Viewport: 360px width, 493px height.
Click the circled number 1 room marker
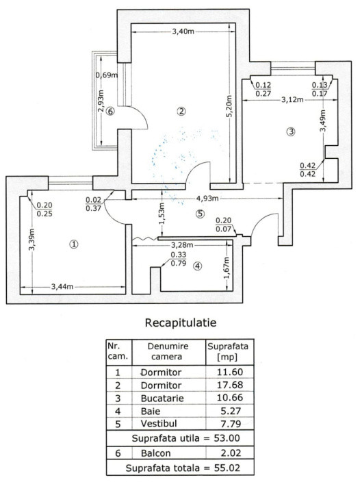[73, 244]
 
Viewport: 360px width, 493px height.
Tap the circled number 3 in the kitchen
[291, 131]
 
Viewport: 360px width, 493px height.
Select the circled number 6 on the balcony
[110, 111]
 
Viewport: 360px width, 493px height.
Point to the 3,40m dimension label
[183, 31]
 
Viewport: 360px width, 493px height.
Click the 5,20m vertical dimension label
[229, 106]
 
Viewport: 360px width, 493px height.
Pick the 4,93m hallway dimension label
[207, 199]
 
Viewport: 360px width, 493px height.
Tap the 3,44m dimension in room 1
[62, 286]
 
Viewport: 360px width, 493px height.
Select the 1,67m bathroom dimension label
[227, 268]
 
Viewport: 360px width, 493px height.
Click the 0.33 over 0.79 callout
[179, 259]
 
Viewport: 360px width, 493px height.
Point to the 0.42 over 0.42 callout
[308, 170]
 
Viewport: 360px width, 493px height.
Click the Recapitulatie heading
[181, 323]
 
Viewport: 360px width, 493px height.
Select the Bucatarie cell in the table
[162, 398]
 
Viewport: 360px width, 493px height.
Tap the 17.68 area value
[230, 385]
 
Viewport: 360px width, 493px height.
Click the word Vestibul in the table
[159, 424]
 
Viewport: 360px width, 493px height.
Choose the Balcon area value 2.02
[231, 453]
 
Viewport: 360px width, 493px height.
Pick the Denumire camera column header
[168, 351]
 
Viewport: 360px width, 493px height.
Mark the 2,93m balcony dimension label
[101, 101]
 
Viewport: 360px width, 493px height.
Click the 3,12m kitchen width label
[292, 100]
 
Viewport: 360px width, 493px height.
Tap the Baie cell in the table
[151, 411]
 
